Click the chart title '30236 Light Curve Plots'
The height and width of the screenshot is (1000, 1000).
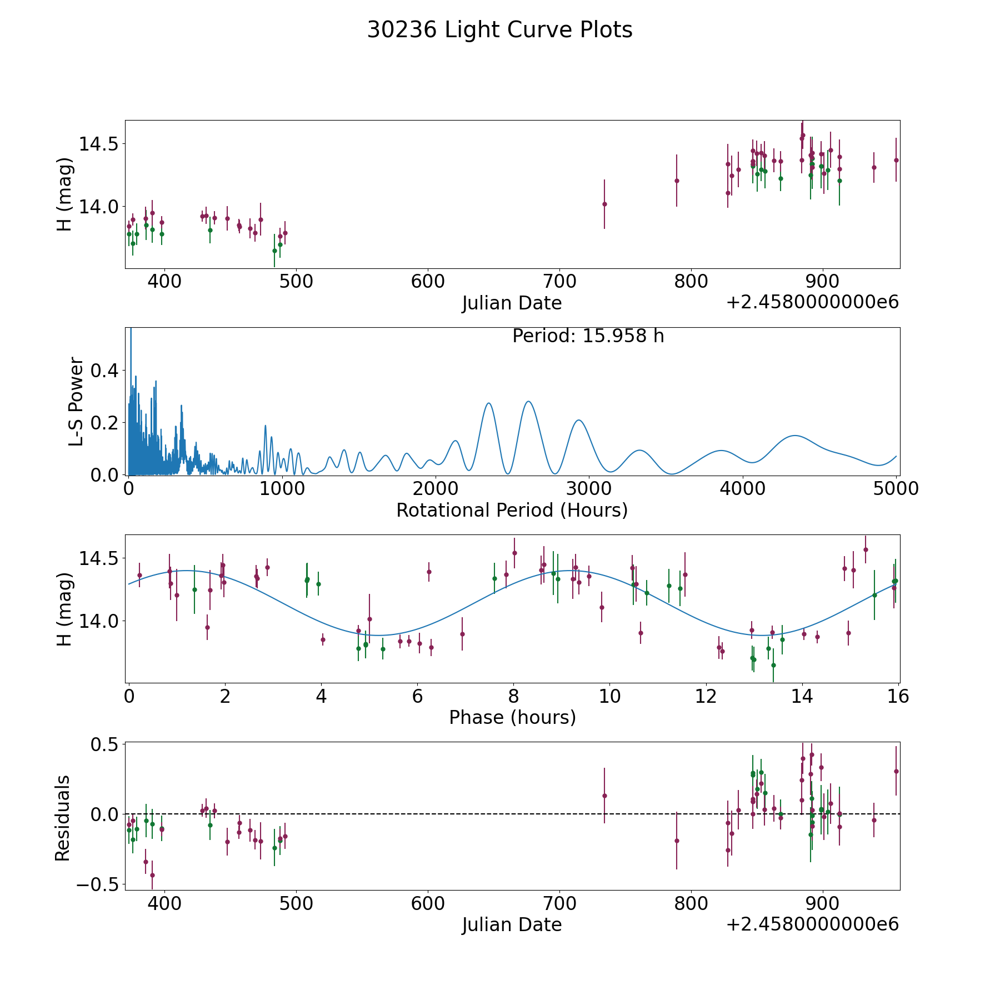(499, 30)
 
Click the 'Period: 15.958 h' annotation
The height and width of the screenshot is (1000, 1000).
(588, 336)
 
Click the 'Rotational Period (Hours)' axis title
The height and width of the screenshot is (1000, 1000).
(512, 510)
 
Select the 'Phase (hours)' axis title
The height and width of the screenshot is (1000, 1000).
(512, 717)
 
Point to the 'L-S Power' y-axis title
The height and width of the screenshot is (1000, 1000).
(76, 401)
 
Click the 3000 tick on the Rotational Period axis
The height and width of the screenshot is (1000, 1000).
(589, 488)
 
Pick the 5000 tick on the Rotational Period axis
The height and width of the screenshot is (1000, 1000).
(896, 488)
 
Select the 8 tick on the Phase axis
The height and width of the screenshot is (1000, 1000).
(513, 696)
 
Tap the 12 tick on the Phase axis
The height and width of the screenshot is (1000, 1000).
(706, 696)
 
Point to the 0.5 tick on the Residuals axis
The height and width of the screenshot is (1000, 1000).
(106, 744)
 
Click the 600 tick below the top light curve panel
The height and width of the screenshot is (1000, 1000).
(428, 281)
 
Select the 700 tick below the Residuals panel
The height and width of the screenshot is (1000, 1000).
(559, 903)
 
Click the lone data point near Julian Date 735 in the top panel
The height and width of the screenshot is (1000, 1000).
(604, 204)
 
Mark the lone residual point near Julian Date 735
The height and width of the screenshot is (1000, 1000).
(604, 796)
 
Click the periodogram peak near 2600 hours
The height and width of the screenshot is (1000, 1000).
(528, 401)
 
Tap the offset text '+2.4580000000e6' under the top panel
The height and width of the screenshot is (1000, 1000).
(812, 302)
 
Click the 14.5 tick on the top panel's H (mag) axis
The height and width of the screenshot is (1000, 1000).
(98, 144)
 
